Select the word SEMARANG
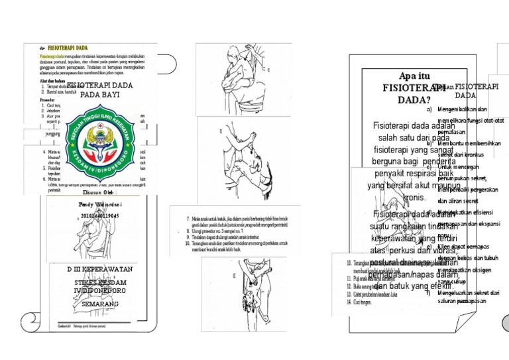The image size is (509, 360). (x=100, y=304)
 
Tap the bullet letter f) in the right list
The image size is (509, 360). (x=429, y=293)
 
